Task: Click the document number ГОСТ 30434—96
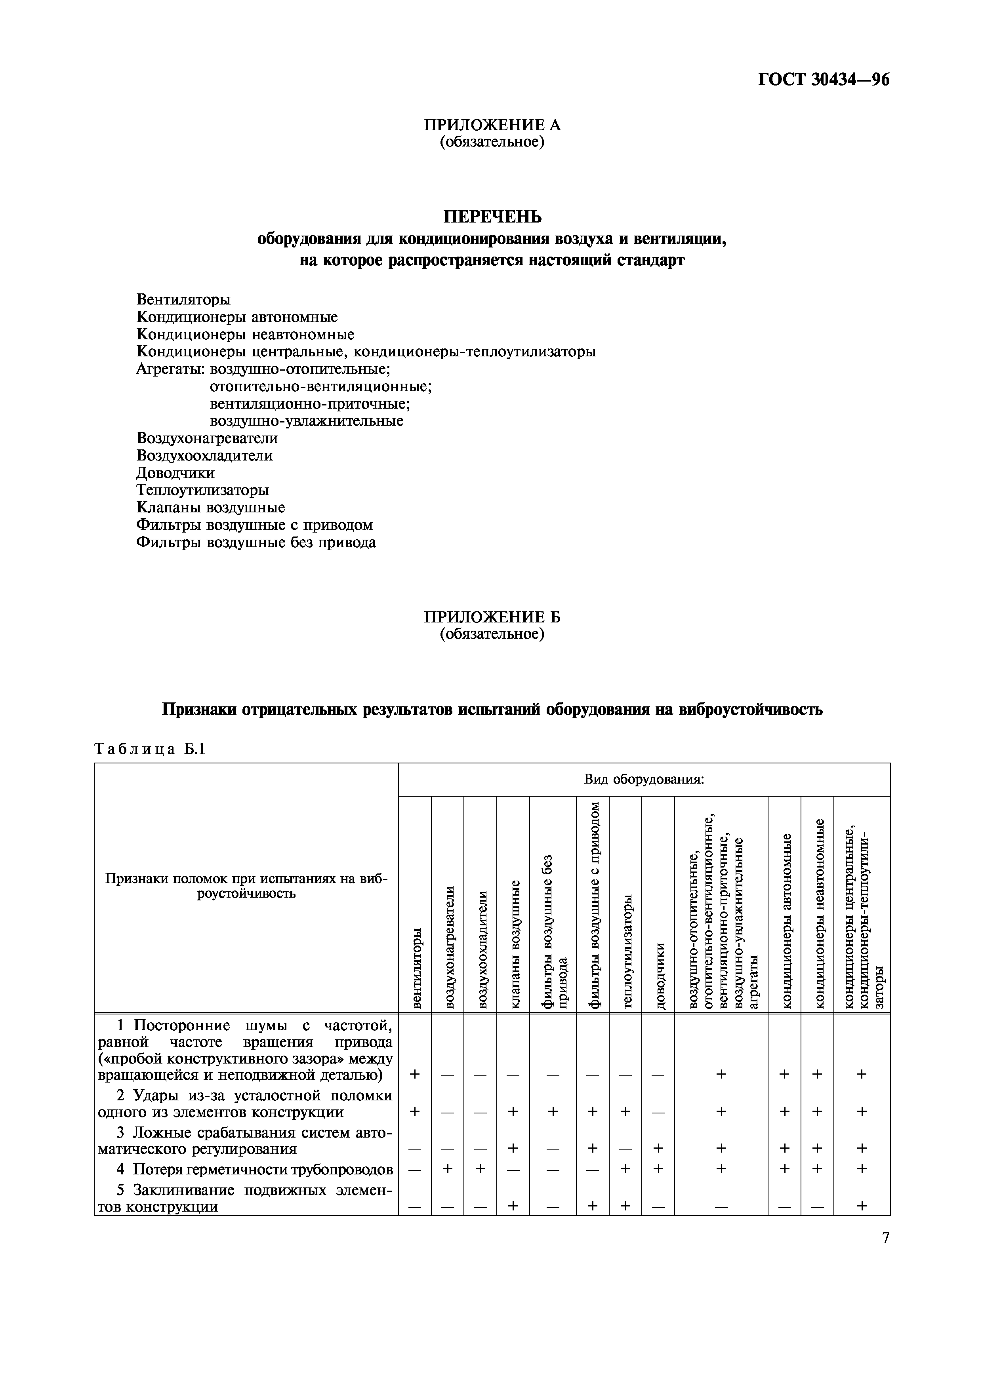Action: [824, 80]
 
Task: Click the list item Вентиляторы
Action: [183, 299]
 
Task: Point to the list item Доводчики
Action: [175, 472]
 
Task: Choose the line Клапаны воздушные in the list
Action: [211, 507]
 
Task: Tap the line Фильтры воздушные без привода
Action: [256, 542]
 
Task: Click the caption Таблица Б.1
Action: [150, 749]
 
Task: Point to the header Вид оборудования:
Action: [644, 779]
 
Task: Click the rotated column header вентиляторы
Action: [416, 968]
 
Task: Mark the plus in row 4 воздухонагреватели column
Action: [448, 1169]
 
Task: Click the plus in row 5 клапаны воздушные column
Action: [513, 1206]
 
